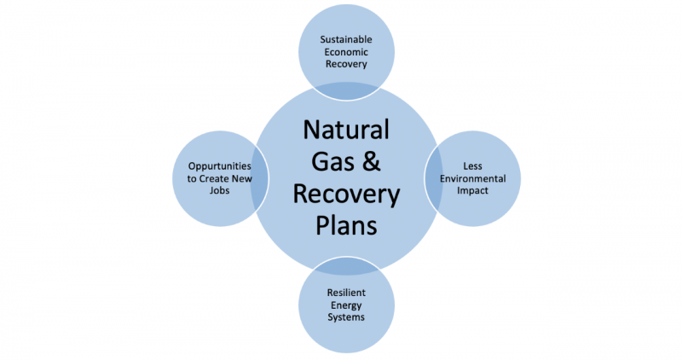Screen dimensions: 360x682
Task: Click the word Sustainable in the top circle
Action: (x=346, y=40)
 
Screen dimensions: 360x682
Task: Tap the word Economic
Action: (x=346, y=52)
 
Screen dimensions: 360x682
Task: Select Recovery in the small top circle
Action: (x=346, y=64)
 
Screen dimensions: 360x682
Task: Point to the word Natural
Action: (x=346, y=131)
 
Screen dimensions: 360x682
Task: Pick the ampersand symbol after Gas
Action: (x=376, y=163)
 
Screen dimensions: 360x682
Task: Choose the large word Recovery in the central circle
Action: (x=346, y=195)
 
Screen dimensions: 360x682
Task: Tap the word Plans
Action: (x=346, y=227)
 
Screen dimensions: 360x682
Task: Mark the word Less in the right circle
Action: (x=472, y=165)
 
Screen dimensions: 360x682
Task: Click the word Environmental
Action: (x=472, y=178)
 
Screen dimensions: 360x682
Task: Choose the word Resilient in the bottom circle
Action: (x=346, y=293)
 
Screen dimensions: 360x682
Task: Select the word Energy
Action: (x=346, y=305)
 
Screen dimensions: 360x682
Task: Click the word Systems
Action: (x=346, y=316)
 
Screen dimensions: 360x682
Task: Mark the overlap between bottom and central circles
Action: (x=346, y=269)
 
